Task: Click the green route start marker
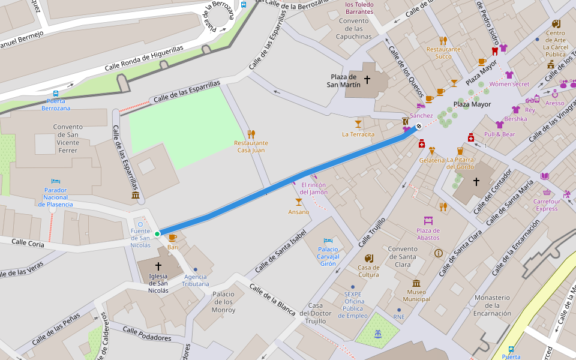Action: pos(157,233)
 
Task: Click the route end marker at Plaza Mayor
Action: pos(419,126)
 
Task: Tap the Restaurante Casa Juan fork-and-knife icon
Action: pos(251,134)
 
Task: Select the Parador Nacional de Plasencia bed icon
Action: pos(55,181)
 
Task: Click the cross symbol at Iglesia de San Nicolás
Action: pos(159,265)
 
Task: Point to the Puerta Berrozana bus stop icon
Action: pos(56,94)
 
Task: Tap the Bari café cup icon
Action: pos(173,238)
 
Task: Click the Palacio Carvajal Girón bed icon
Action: pos(328,241)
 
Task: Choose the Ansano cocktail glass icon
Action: pos(298,202)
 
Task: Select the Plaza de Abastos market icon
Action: pos(428,221)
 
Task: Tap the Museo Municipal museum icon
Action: pos(416,283)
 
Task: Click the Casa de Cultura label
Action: pos(368,271)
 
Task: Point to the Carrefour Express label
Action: pos(546,205)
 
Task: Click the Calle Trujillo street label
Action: pos(373,233)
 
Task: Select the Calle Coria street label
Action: pos(29,243)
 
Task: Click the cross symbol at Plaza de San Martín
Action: pos(367,79)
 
